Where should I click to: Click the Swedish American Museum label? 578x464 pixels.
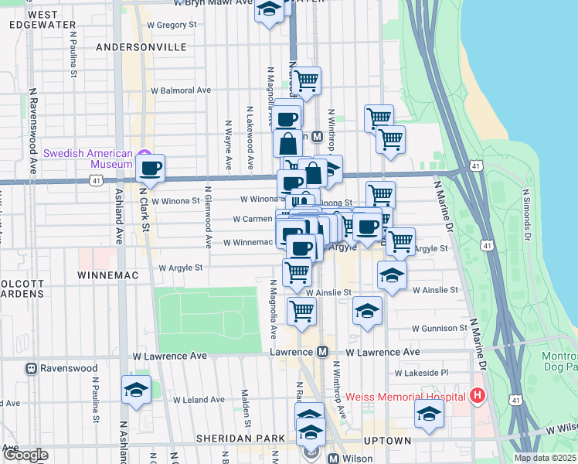pyautogui.click(x=87, y=159)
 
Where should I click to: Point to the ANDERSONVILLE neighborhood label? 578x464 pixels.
pyautogui.click(x=141, y=47)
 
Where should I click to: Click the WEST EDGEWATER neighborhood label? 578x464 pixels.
pyautogui.click(x=34, y=19)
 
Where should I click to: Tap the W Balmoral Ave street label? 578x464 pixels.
pyautogui.click(x=182, y=90)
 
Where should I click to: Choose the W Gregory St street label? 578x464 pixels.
pyautogui.click(x=172, y=25)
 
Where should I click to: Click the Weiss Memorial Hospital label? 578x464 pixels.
pyautogui.click(x=406, y=397)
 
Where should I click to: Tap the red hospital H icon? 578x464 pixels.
pyautogui.click(x=478, y=397)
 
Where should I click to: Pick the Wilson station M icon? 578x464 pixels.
pyautogui.click(x=333, y=458)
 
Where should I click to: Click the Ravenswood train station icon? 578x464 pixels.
pyautogui.click(x=32, y=368)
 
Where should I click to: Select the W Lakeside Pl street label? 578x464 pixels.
pyautogui.click(x=421, y=373)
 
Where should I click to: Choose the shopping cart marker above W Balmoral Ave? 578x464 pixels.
pyautogui.click(x=307, y=80)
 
